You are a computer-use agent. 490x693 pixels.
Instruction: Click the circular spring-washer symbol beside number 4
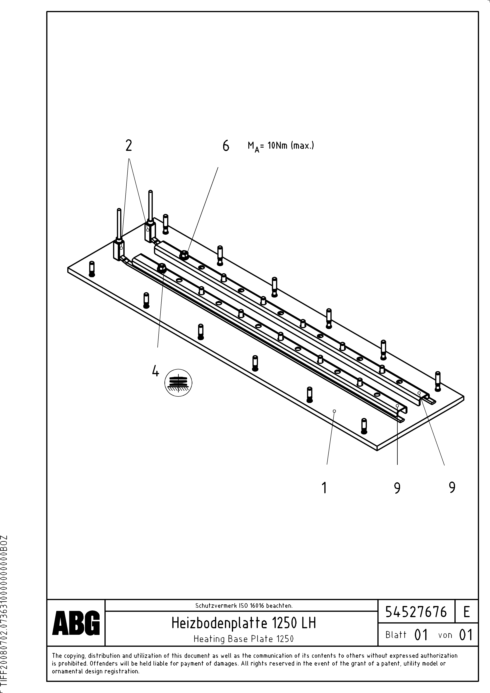178,383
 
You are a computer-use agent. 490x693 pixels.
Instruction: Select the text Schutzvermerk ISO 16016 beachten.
244,605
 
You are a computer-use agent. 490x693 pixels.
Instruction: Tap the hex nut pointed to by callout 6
184,255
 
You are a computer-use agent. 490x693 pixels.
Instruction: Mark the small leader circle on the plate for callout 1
334,411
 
